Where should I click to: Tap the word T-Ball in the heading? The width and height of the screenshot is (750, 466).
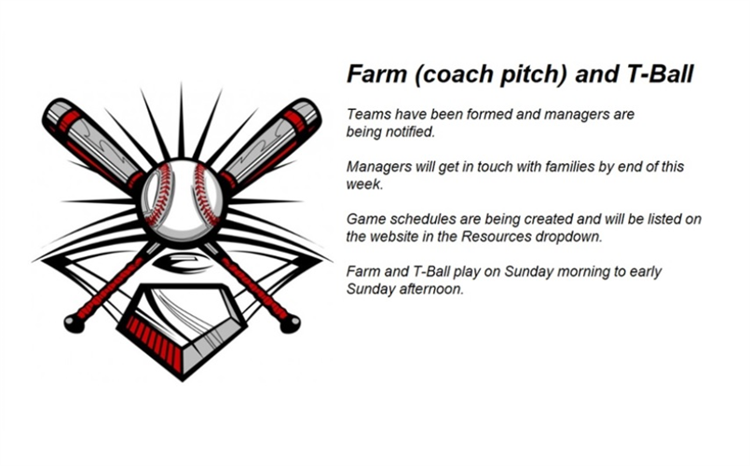coord(660,74)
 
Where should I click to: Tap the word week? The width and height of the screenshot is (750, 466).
coord(364,185)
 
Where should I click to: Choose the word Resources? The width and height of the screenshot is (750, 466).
coord(496,237)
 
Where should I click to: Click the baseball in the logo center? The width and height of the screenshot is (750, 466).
coord(183,201)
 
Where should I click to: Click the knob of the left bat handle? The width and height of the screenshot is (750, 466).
coord(75,324)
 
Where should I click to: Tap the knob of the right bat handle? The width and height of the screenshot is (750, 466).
coord(291,324)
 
